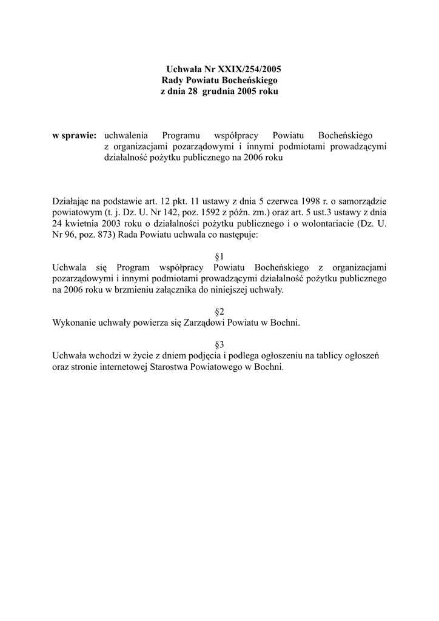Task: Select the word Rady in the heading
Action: (173, 80)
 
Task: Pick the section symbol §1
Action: (219, 257)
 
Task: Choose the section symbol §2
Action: (219, 312)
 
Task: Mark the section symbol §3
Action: (219, 344)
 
